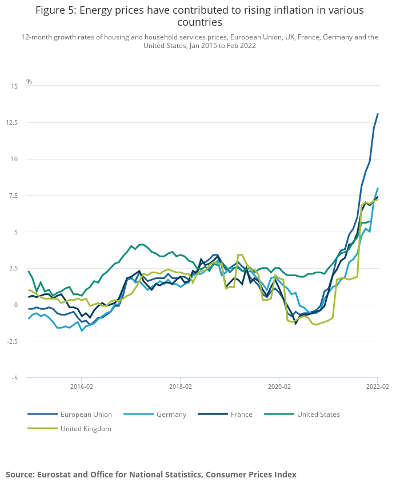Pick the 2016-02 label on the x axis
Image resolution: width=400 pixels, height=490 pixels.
tap(82, 387)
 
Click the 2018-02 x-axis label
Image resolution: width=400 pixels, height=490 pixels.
tap(181, 387)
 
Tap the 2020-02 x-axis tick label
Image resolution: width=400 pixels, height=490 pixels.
tap(279, 387)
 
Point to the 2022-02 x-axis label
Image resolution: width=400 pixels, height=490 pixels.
tap(377, 387)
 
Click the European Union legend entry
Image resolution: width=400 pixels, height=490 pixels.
tap(86, 415)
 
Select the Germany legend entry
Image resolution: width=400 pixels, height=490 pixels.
tap(171, 415)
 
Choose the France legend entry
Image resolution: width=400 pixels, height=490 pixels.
tap(241, 415)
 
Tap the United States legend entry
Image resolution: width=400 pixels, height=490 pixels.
tap(318, 415)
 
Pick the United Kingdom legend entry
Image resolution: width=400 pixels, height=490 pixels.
tap(85, 428)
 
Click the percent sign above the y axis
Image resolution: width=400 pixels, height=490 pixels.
tap(29, 82)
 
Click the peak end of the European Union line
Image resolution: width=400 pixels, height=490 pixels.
tap(378, 114)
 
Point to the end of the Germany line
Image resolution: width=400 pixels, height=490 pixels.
tap(378, 188)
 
